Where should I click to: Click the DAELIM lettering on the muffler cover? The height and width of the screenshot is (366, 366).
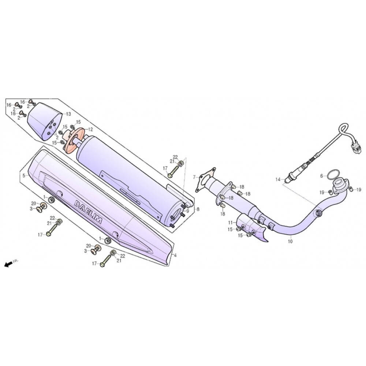(88, 212)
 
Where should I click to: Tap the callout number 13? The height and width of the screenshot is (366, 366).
(68, 114)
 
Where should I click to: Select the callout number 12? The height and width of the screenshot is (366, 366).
(90, 129)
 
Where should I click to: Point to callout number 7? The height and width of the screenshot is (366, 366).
(194, 178)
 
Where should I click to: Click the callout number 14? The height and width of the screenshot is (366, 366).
(278, 179)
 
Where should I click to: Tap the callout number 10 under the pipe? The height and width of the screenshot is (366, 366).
(290, 242)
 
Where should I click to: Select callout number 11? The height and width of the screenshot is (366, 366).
(231, 223)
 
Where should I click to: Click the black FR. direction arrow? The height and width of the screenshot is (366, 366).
(8, 264)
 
